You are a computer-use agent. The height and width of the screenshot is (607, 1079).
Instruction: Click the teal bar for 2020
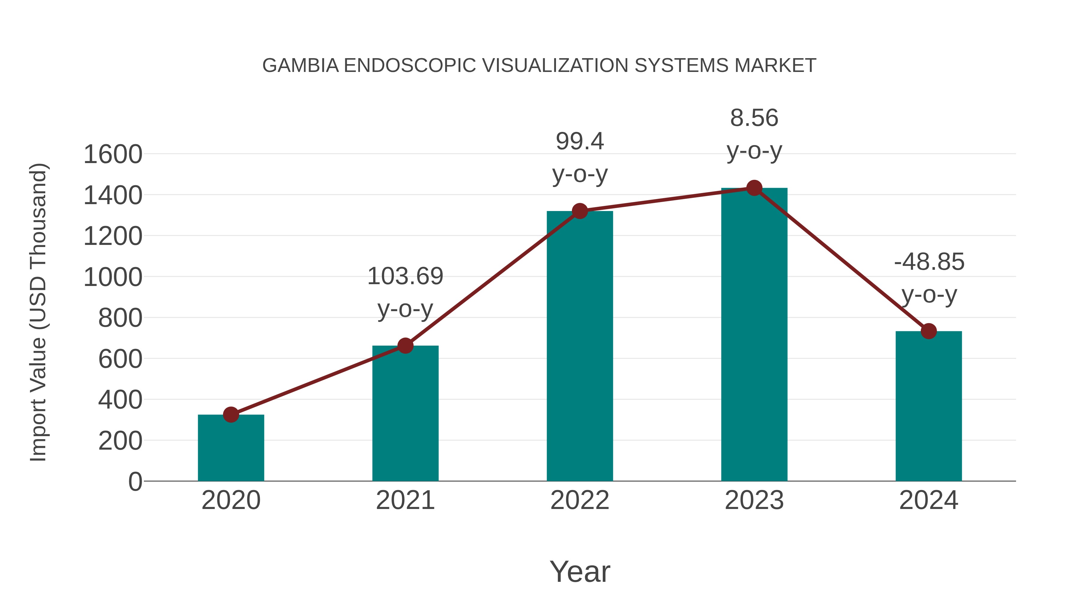tap(231, 448)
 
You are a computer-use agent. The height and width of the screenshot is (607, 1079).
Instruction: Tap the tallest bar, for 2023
tap(754, 335)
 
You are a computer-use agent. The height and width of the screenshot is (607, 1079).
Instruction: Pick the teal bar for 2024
tap(929, 406)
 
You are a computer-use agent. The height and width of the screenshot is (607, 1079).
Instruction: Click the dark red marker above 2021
tap(405, 346)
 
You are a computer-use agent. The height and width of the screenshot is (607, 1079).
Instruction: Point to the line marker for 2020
tap(231, 415)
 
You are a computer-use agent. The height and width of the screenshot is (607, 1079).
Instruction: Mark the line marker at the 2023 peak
tap(754, 188)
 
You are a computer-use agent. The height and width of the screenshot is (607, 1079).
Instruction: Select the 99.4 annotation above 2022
tap(580, 141)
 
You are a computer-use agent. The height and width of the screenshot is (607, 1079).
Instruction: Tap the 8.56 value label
tap(754, 118)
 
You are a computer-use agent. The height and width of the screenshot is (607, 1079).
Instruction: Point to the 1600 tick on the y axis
tap(113, 155)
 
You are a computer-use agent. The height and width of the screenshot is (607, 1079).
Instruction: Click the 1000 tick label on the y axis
tap(113, 277)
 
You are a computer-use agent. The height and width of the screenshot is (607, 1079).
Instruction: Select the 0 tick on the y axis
tap(135, 482)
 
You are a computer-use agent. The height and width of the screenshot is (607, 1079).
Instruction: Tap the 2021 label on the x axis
tap(405, 501)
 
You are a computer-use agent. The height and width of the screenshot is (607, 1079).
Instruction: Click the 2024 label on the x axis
tap(929, 501)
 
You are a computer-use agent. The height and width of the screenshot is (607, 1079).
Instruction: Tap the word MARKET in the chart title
tap(775, 66)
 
